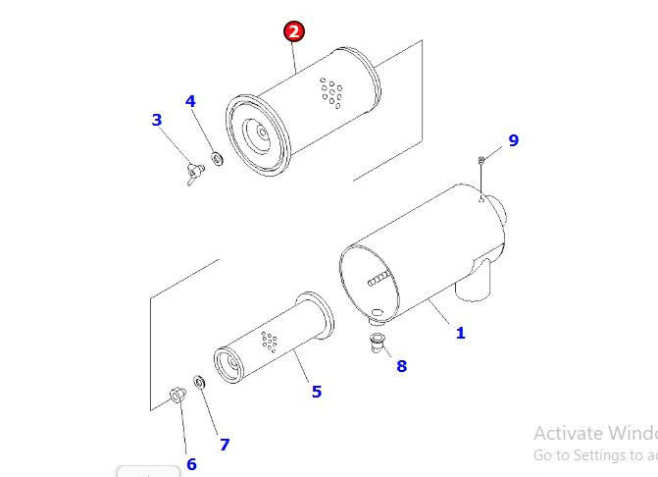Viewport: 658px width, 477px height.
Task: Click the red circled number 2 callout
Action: point(294,31)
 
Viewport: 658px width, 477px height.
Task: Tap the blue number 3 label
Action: point(157,120)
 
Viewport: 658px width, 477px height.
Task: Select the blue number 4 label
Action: point(190,101)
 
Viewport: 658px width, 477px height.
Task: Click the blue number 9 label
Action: point(513,140)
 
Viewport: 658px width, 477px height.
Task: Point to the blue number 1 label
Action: point(460,333)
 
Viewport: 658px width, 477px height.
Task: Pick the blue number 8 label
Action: point(401,366)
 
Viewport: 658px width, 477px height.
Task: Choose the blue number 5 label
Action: point(316,392)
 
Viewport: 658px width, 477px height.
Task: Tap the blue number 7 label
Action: point(225,445)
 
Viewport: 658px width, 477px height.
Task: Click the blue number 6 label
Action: point(191,464)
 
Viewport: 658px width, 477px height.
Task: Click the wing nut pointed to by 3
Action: point(193,174)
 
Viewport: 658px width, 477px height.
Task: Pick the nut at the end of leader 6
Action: point(177,396)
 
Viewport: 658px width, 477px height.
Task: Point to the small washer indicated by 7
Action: point(199,381)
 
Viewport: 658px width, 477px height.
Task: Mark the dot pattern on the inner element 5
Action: point(268,342)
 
